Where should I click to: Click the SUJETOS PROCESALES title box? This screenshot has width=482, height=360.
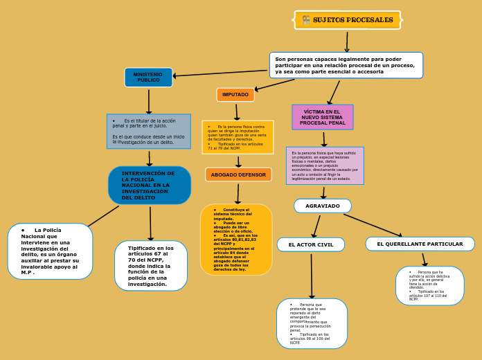pos(348,20)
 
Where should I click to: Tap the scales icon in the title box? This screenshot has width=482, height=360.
pos(306,20)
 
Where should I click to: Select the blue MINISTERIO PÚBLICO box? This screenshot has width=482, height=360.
pos(148,78)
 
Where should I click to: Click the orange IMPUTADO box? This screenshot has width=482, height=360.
pos(235,95)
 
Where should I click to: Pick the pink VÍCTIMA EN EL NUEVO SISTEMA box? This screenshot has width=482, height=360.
pos(323,117)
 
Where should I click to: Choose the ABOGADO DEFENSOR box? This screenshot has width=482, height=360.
pos(238,174)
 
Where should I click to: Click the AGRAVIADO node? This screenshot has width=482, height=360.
pos(323,206)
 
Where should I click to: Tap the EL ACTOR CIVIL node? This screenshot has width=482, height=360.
pos(311,244)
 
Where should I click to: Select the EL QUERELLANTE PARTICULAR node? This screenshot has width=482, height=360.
pos(420,244)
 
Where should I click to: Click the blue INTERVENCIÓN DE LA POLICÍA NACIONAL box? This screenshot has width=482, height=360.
pos(150,186)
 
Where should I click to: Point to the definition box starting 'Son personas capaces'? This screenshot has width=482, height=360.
pos(346,65)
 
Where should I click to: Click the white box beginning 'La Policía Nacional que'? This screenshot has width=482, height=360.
pos(50,251)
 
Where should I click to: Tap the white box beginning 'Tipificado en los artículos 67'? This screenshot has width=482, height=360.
pos(151,266)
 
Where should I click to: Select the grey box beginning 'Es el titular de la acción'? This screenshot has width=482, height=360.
pos(149,132)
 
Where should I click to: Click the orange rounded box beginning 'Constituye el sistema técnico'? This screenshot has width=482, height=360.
pos(236,240)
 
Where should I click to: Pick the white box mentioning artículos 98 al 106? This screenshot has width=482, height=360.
pos(312,323)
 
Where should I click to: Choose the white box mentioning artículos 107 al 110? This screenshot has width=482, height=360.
pos(429,286)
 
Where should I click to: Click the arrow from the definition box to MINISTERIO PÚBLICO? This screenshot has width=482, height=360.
pos(221,73)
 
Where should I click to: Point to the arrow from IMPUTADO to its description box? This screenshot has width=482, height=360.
pos(237,111)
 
